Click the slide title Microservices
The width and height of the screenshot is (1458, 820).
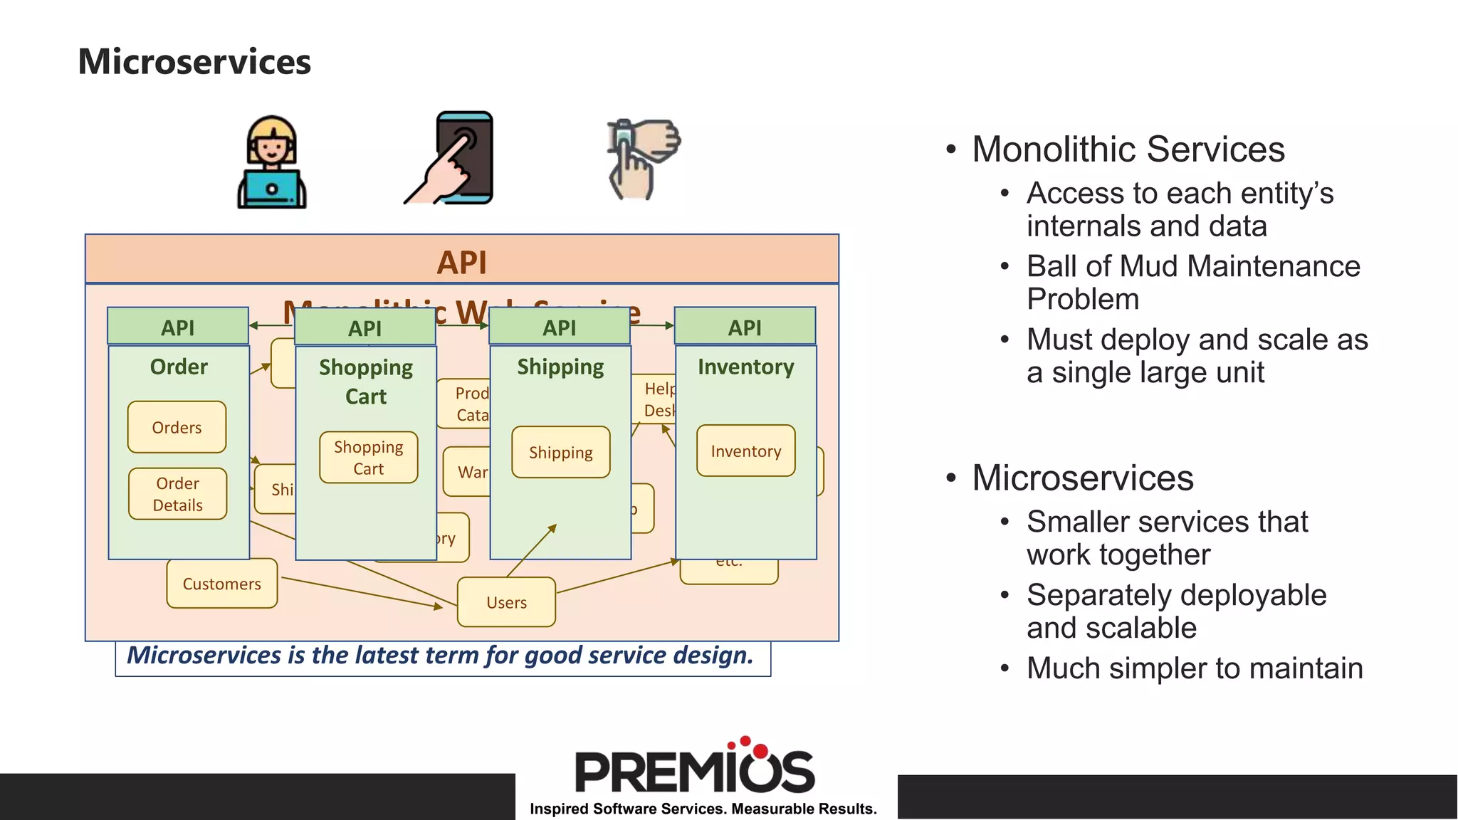point(194,61)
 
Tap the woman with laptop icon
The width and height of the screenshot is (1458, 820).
point(271,163)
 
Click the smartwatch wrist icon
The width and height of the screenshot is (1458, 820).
point(641,158)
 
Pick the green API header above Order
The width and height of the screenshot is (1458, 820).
point(178,327)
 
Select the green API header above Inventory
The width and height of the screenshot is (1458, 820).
point(745,327)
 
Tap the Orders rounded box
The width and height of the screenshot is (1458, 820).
point(177,427)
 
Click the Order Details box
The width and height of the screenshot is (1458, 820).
point(178,494)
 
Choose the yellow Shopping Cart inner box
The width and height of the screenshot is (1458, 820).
point(369,458)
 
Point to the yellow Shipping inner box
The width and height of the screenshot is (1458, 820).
point(561,452)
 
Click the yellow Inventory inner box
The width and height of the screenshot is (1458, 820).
point(745,451)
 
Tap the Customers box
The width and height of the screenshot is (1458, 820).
point(221,584)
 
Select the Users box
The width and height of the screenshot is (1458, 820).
point(506,602)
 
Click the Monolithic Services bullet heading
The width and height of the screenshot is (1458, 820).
point(1128,149)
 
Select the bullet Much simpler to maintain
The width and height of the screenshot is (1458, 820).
point(1194,668)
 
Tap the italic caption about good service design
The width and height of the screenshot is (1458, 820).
point(440,656)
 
